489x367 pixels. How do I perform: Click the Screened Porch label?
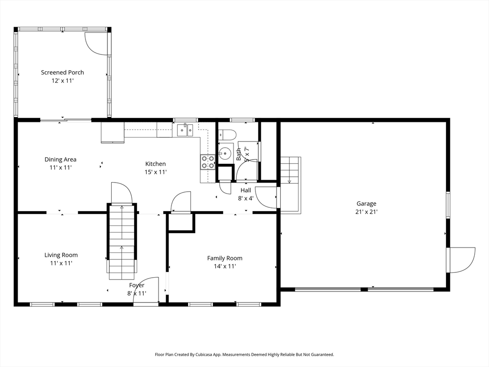(x=63, y=73)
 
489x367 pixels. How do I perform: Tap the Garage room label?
(x=366, y=204)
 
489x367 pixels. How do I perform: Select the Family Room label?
(x=224, y=258)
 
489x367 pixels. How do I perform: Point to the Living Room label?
(x=61, y=255)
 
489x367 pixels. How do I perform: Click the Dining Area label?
(x=61, y=160)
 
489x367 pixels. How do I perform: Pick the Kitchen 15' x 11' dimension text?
(x=156, y=172)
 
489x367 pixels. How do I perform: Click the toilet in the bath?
(x=227, y=134)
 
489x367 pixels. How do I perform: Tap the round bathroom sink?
(x=225, y=153)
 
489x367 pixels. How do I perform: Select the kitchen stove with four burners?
(x=208, y=162)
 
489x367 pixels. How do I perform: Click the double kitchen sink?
(x=185, y=130)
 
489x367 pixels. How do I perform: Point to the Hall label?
(x=246, y=190)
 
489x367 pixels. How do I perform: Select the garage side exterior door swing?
(x=462, y=260)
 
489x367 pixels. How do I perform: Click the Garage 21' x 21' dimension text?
(x=367, y=212)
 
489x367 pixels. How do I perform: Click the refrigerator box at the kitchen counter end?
(x=113, y=132)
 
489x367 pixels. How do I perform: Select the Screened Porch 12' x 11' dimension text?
(x=63, y=81)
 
